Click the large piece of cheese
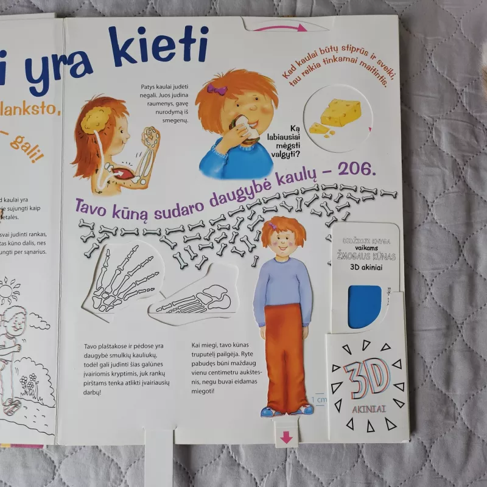pos(341,112)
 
